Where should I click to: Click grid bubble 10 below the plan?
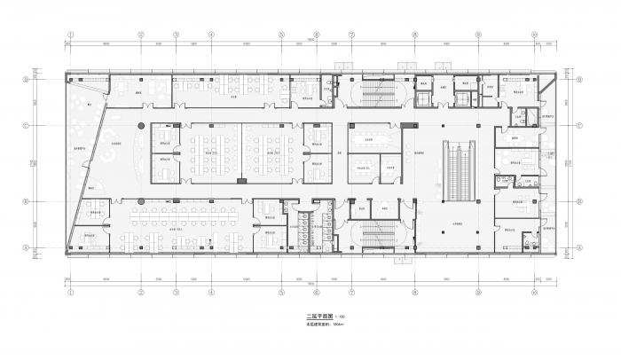(x=534, y=292)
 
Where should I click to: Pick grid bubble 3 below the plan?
(x=176, y=292)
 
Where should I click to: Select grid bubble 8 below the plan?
(x=415, y=292)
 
